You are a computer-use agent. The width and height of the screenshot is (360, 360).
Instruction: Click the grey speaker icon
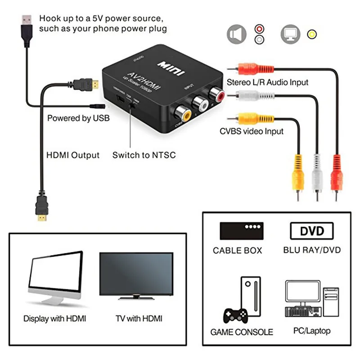click(x=237, y=34)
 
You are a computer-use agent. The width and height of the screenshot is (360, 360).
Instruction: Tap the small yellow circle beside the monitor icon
click(x=311, y=34)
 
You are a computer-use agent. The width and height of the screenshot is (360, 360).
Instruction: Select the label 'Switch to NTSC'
click(x=144, y=155)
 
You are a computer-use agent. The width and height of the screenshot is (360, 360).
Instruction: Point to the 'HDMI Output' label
click(x=73, y=155)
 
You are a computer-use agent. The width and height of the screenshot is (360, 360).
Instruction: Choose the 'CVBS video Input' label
click(x=252, y=131)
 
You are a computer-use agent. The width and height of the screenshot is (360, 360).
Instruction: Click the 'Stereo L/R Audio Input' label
click(x=267, y=82)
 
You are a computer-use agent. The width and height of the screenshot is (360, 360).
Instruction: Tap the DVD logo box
click(x=312, y=231)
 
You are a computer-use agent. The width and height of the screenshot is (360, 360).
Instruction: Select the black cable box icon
click(x=241, y=230)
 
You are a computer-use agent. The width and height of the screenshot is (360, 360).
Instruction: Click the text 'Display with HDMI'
click(x=54, y=319)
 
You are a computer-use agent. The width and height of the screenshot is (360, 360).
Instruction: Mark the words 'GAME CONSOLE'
click(x=242, y=332)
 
